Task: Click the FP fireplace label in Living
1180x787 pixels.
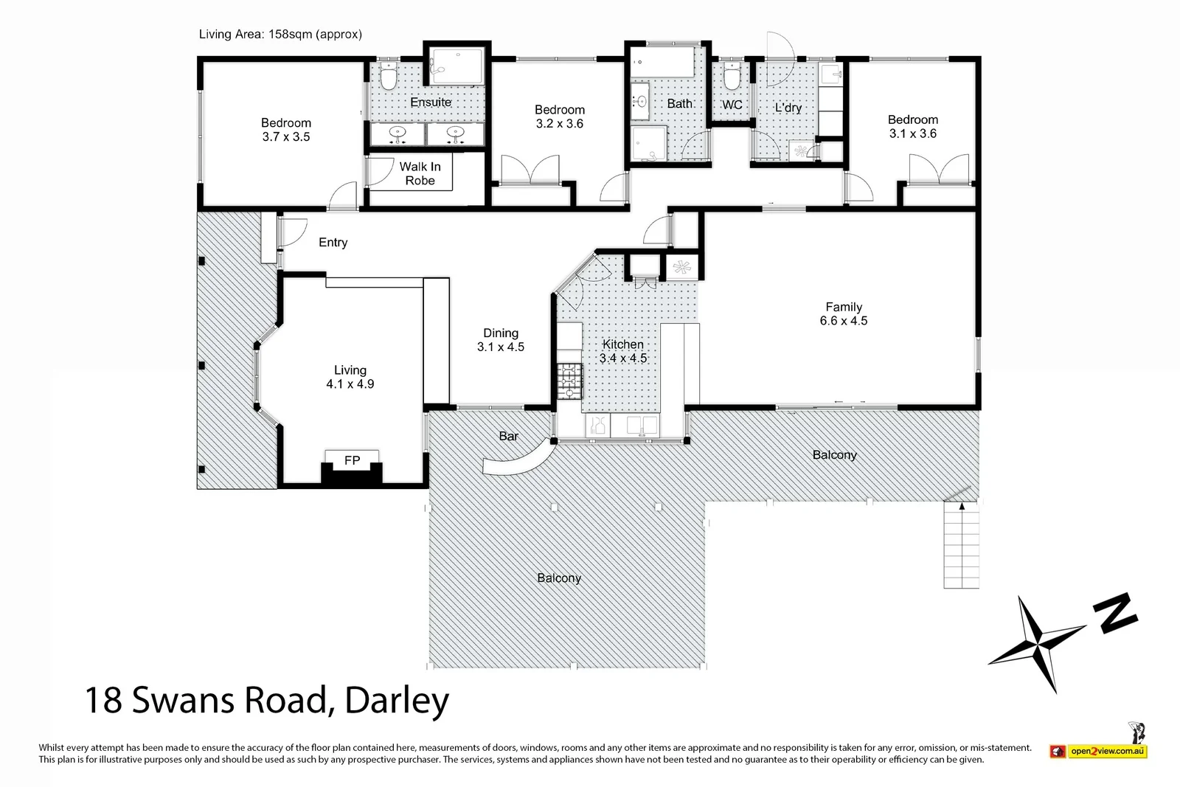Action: click(x=352, y=460)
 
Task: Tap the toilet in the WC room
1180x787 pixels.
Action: click(x=731, y=77)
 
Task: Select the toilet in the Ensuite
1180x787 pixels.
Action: click(x=389, y=77)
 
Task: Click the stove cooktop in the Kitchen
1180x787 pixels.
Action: click(x=569, y=381)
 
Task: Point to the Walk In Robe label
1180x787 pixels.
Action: click(x=420, y=173)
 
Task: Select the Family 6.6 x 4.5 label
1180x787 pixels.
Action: click(x=843, y=313)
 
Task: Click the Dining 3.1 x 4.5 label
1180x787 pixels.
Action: click(x=500, y=340)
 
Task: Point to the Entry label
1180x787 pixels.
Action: click(x=333, y=243)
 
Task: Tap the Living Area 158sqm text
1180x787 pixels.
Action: click(x=280, y=34)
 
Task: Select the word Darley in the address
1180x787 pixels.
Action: click(x=397, y=700)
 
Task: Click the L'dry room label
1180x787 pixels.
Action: click(x=788, y=108)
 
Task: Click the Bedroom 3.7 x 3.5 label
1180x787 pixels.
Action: click(x=285, y=130)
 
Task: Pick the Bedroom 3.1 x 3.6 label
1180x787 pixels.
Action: click(x=912, y=126)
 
